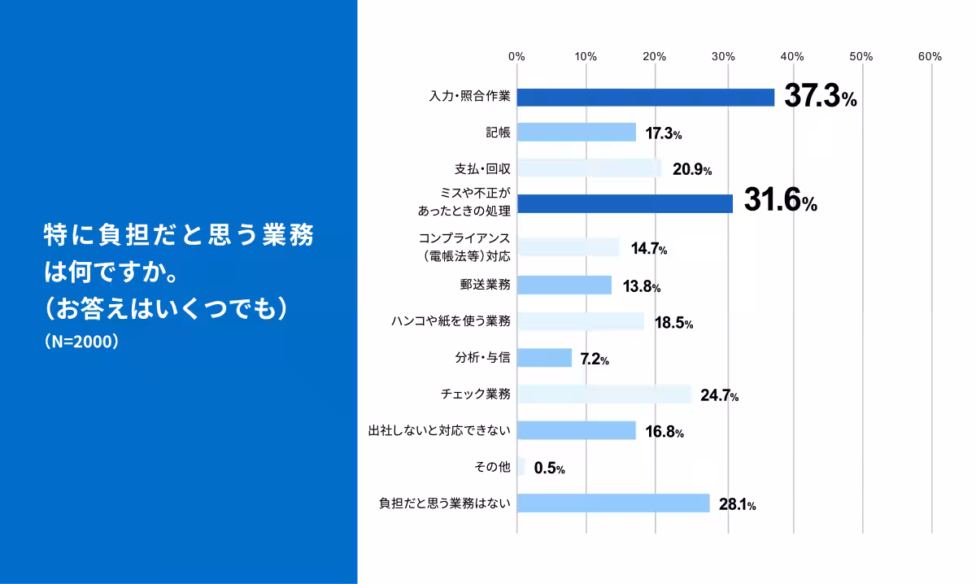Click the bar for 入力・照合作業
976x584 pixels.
645,98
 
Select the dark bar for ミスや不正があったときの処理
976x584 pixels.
625,203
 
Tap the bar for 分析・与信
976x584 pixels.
544,358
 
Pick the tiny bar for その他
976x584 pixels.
521,468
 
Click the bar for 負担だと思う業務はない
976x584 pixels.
612,503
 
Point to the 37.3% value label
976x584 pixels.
820,98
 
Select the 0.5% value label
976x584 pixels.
549,469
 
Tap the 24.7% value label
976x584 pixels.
719,396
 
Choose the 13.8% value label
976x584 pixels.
641,286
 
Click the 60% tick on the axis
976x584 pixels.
930,57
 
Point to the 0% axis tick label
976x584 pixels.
516,57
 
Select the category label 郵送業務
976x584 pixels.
485,285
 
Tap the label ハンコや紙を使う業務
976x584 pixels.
451,321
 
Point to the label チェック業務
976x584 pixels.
475,394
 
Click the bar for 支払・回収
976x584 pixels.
589,168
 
